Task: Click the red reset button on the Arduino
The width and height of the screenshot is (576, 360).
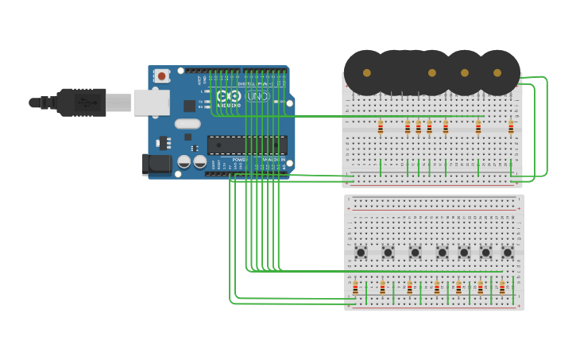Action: pos(162,76)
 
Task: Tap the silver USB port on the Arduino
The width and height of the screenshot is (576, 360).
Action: pos(151,103)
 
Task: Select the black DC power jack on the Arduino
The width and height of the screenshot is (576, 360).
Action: pos(157,164)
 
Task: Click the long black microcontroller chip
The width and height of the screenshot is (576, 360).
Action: pos(247,145)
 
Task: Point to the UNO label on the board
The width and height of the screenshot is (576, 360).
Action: pos(257,96)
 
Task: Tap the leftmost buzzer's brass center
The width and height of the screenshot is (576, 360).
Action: pos(366,73)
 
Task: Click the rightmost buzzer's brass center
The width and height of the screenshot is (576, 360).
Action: pos(497,73)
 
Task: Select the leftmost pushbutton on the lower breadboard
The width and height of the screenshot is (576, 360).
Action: pos(361,253)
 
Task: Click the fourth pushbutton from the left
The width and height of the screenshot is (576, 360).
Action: pos(443,253)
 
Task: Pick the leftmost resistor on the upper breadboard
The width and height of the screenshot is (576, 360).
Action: pos(381,127)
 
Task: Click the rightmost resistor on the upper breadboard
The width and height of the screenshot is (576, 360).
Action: pos(511,127)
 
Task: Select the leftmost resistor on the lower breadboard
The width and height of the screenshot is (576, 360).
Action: pos(355,288)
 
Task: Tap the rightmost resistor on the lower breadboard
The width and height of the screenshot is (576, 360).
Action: pos(502,288)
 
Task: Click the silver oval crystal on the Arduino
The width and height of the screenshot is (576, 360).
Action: pos(187,124)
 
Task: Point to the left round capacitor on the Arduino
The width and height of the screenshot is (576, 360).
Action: pos(184,161)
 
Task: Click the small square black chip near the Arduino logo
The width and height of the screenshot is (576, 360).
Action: pos(189,106)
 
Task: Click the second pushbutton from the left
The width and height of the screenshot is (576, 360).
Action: pos(388,253)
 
